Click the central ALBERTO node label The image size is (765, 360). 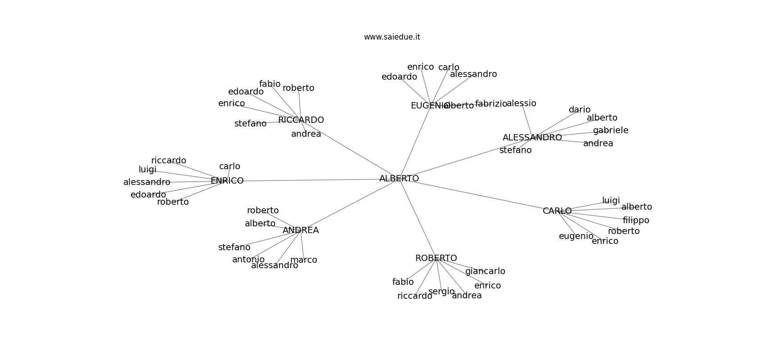399,179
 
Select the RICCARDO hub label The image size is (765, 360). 301,120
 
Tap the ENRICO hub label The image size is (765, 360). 227,181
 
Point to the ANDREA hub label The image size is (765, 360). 301,230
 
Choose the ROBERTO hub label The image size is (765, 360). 436,258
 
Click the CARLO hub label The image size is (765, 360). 557,211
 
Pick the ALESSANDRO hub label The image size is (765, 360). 532,138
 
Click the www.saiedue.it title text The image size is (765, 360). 392,37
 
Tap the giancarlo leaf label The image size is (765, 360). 485,271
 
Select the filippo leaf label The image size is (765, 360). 636,220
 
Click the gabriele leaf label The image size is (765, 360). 611,130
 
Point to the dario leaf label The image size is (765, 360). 580,110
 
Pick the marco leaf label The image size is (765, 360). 304,260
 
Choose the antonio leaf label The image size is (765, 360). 248,260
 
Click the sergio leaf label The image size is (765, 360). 441,292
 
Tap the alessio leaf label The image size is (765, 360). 522,103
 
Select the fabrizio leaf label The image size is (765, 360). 491,104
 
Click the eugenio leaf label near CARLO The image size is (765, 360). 576,236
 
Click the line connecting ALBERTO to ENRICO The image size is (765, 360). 310,180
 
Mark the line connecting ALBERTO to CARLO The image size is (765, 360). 477,194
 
